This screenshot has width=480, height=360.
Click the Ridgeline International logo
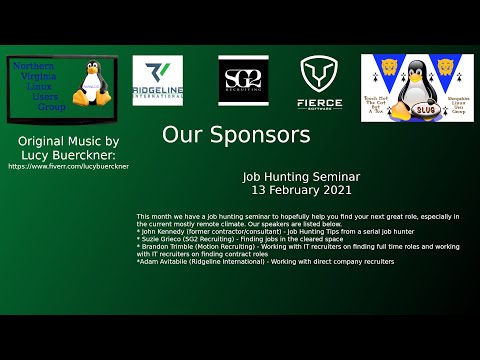(x=158, y=81)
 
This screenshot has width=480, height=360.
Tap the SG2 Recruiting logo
(x=243, y=81)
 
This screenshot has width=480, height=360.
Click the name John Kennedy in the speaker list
(x=166, y=233)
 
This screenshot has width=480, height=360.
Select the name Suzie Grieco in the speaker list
(x=164, y=240)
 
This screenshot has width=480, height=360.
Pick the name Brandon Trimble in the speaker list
(x=169, y=247)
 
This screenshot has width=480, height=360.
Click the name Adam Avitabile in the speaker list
(x=166, y=262)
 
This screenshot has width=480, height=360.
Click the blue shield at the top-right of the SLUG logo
(x=444, y=68)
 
